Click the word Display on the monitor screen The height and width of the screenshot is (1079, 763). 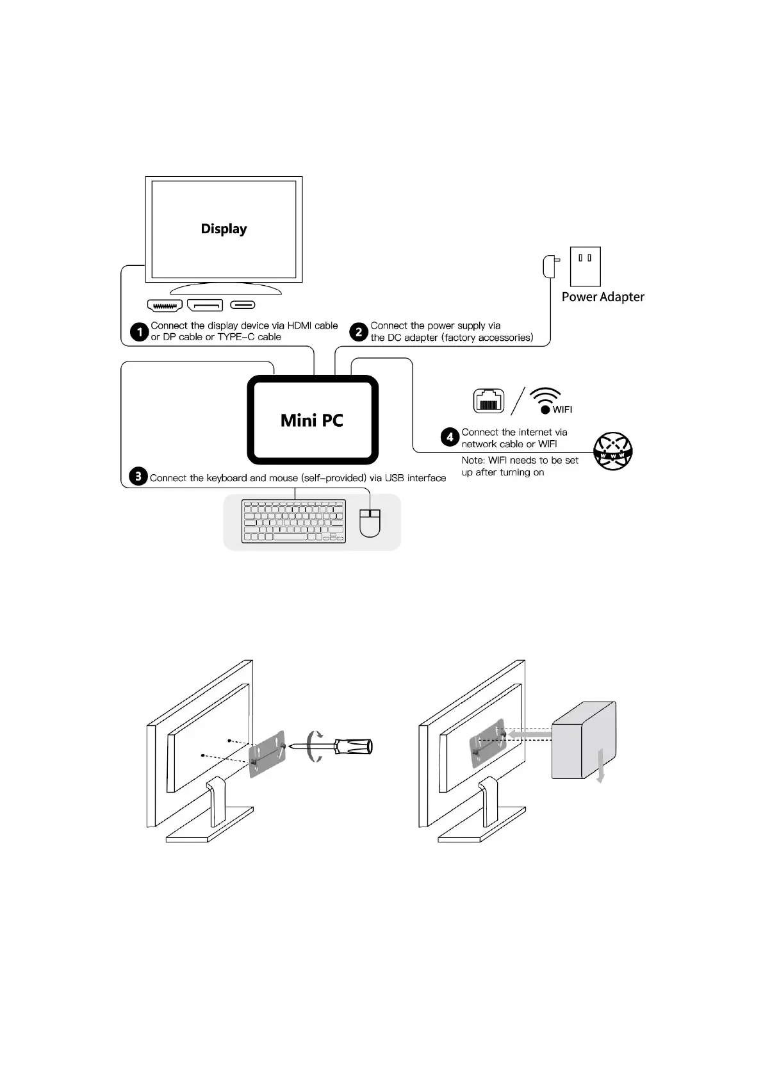point(224,229)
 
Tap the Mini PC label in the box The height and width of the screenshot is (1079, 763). point(312,420)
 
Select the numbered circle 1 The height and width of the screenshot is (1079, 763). point(139,332)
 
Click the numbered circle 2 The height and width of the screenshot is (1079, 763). point(359,332)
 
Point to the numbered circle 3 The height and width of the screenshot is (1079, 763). point(138,477)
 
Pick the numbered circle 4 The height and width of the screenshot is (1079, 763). point(450,437)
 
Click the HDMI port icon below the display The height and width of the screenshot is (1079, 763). point(165,306)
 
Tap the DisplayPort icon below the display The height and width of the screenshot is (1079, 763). point(205,306)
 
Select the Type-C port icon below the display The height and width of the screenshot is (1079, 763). point(243,305)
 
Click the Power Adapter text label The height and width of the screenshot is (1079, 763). point(603,297)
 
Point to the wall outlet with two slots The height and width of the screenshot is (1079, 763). point(585,266)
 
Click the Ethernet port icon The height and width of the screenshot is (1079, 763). point(488,401)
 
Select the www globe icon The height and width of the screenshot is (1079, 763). point(613,451)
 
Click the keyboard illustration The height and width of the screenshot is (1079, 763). point(293,521)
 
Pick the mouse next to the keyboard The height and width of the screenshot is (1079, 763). point(370,522)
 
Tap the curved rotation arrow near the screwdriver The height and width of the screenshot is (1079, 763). point(314,746)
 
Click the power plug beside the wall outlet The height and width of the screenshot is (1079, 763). point(550,267)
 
